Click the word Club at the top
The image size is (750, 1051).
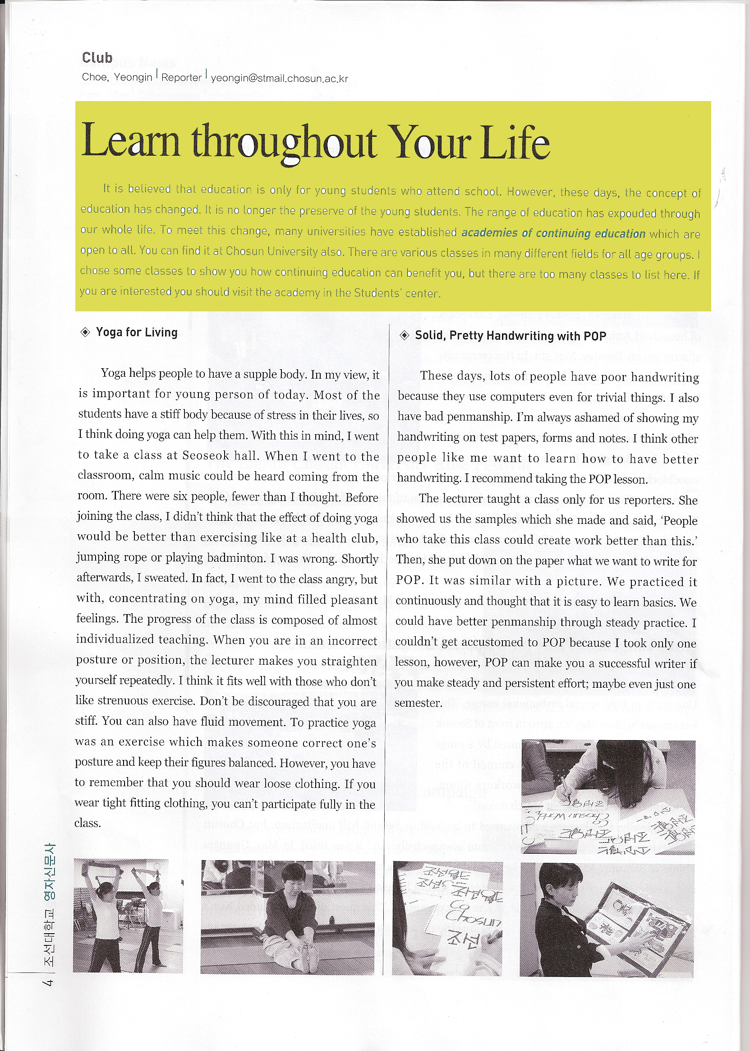click(97, 58)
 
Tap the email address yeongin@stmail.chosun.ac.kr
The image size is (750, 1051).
click(279, 79)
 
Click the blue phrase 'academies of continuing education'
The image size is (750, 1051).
click(553, 233)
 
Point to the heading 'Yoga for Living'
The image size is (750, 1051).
click(136, 332)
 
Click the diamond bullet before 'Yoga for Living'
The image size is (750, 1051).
click(85, 332)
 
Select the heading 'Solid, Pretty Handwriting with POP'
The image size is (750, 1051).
click(510, 336)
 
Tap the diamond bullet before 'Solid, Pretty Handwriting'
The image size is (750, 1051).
click(404, 335)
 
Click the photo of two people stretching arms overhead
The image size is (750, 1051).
click(128, 916)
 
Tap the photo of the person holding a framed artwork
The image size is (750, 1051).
click(607, 920)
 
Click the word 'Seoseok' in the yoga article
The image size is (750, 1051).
click(206, 455)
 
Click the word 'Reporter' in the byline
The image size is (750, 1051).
click(181, 78)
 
